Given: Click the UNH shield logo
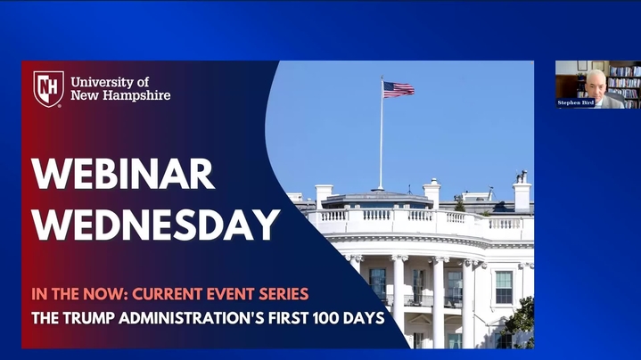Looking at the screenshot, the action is (49, 89).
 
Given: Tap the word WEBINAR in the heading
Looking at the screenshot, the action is (123, 174).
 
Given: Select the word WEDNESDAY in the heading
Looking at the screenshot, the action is (156, 225).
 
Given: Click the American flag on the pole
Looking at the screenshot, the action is (399, 89).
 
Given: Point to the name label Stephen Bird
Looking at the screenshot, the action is (576, 102).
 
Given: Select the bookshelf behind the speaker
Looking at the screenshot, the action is (624, 82).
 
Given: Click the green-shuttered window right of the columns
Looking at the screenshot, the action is (504, 287).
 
